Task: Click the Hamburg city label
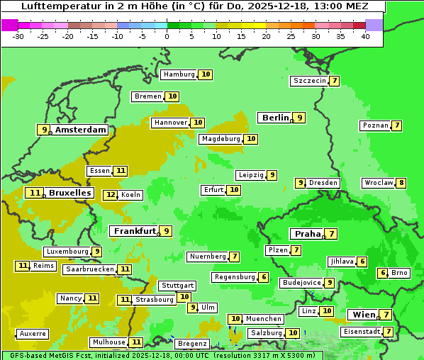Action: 179,74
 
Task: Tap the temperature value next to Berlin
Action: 300,118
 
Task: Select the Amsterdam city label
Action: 81,130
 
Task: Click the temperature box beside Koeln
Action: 111,195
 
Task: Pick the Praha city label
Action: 308,234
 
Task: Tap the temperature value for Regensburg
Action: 264,277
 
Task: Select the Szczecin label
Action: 310,81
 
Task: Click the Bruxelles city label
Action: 69,193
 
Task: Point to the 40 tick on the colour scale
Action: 365,36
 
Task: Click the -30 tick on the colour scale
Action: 18,36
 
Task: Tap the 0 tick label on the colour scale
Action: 167,36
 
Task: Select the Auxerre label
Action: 33,333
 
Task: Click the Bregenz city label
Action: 191,344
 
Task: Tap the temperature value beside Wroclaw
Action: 401,183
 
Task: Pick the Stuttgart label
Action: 177,286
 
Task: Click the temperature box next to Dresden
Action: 301,183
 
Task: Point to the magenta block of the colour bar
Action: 10,25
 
